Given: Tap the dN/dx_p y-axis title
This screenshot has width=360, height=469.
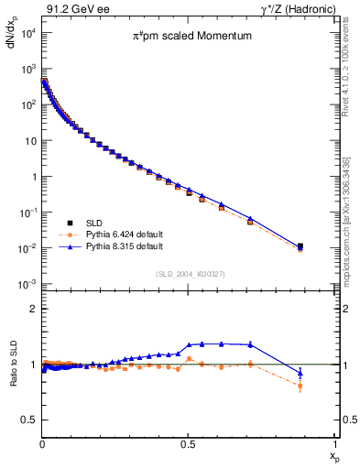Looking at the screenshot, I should (x=12, y=41).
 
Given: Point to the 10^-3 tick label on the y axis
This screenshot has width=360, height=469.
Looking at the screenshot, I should (x=27, y=284).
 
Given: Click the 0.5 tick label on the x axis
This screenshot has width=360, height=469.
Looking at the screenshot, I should (x=189, y=443).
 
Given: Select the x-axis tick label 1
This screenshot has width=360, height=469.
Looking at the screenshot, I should (x=335, y=443).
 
